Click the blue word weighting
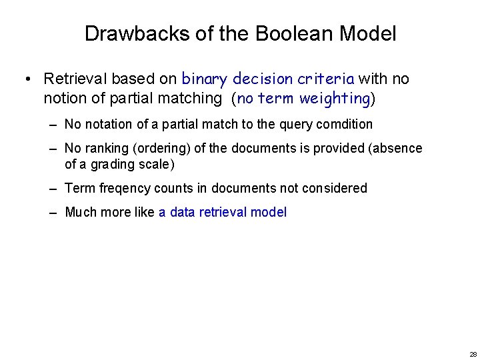click(x=335, y=99)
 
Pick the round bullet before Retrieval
click(x=26, y=79)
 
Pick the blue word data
click(x=183, y=212)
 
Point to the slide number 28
click(x=473, y=354)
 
